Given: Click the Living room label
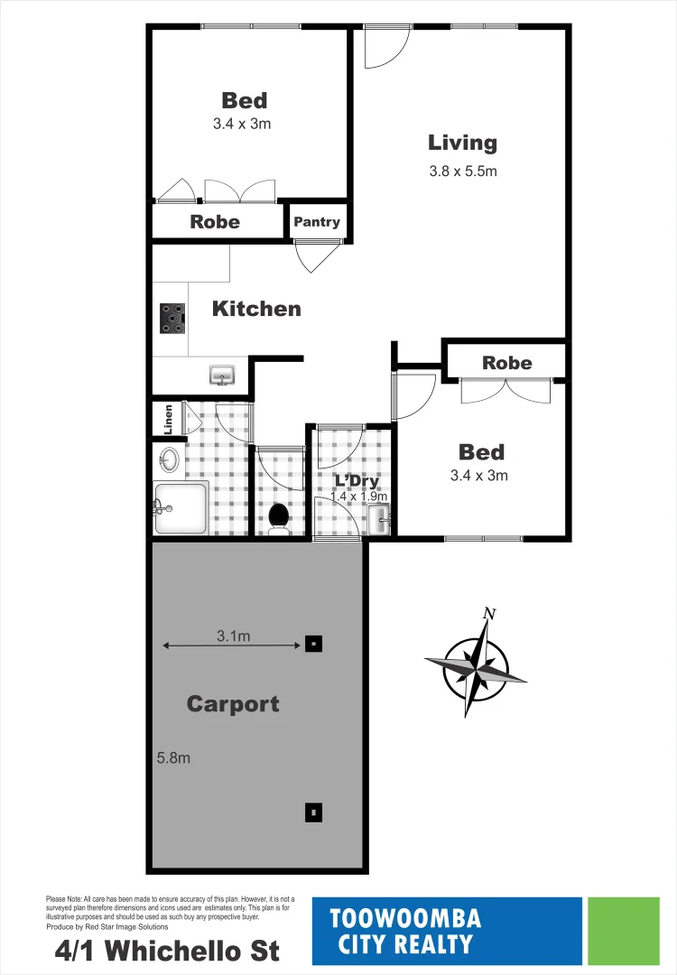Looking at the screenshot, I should pos(462,143).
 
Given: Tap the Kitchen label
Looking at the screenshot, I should pos(256,309).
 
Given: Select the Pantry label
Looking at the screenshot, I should pos(317,222).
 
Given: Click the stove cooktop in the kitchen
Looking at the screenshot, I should pos(172,318).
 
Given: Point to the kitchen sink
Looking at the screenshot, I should pos(222,374).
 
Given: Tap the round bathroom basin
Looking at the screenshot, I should pos(169,460).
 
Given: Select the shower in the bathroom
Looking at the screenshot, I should pos(181,508).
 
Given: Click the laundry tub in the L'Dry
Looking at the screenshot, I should pos(378,519).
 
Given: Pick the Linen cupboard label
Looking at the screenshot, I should pos(168,419).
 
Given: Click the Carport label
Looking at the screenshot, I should pos(233,704).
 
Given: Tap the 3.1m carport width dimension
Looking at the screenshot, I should pos(233,637).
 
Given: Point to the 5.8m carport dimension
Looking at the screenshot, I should pos(173,758).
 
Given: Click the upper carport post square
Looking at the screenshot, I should pos(312,644).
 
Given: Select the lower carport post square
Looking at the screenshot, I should pos(312,812).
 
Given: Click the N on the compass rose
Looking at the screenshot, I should pos(489,615).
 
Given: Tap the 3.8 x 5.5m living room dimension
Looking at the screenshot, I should pos(463,171).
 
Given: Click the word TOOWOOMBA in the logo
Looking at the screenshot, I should pos(405,919).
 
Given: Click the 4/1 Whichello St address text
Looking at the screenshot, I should pos(166,951).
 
